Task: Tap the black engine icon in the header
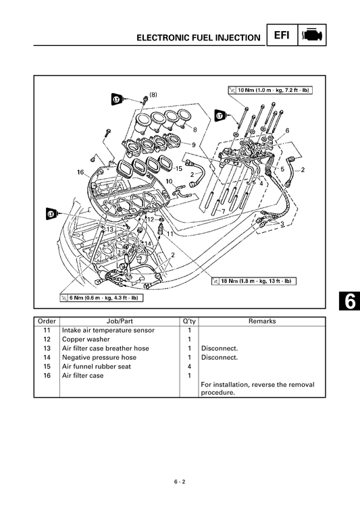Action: click(313, 35)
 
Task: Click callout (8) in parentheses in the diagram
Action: click(153, 95)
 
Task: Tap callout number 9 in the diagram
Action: click(194, 145)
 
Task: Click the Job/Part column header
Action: click(119, 321)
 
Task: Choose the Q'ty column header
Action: click(188, 321)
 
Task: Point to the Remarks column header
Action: click(262, 321)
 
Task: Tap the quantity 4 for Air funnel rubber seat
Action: click(188, 367)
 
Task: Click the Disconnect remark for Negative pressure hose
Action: click(220, 357)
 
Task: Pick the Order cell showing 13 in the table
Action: click(46, 348)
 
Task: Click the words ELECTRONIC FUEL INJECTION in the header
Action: click(198, 38)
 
